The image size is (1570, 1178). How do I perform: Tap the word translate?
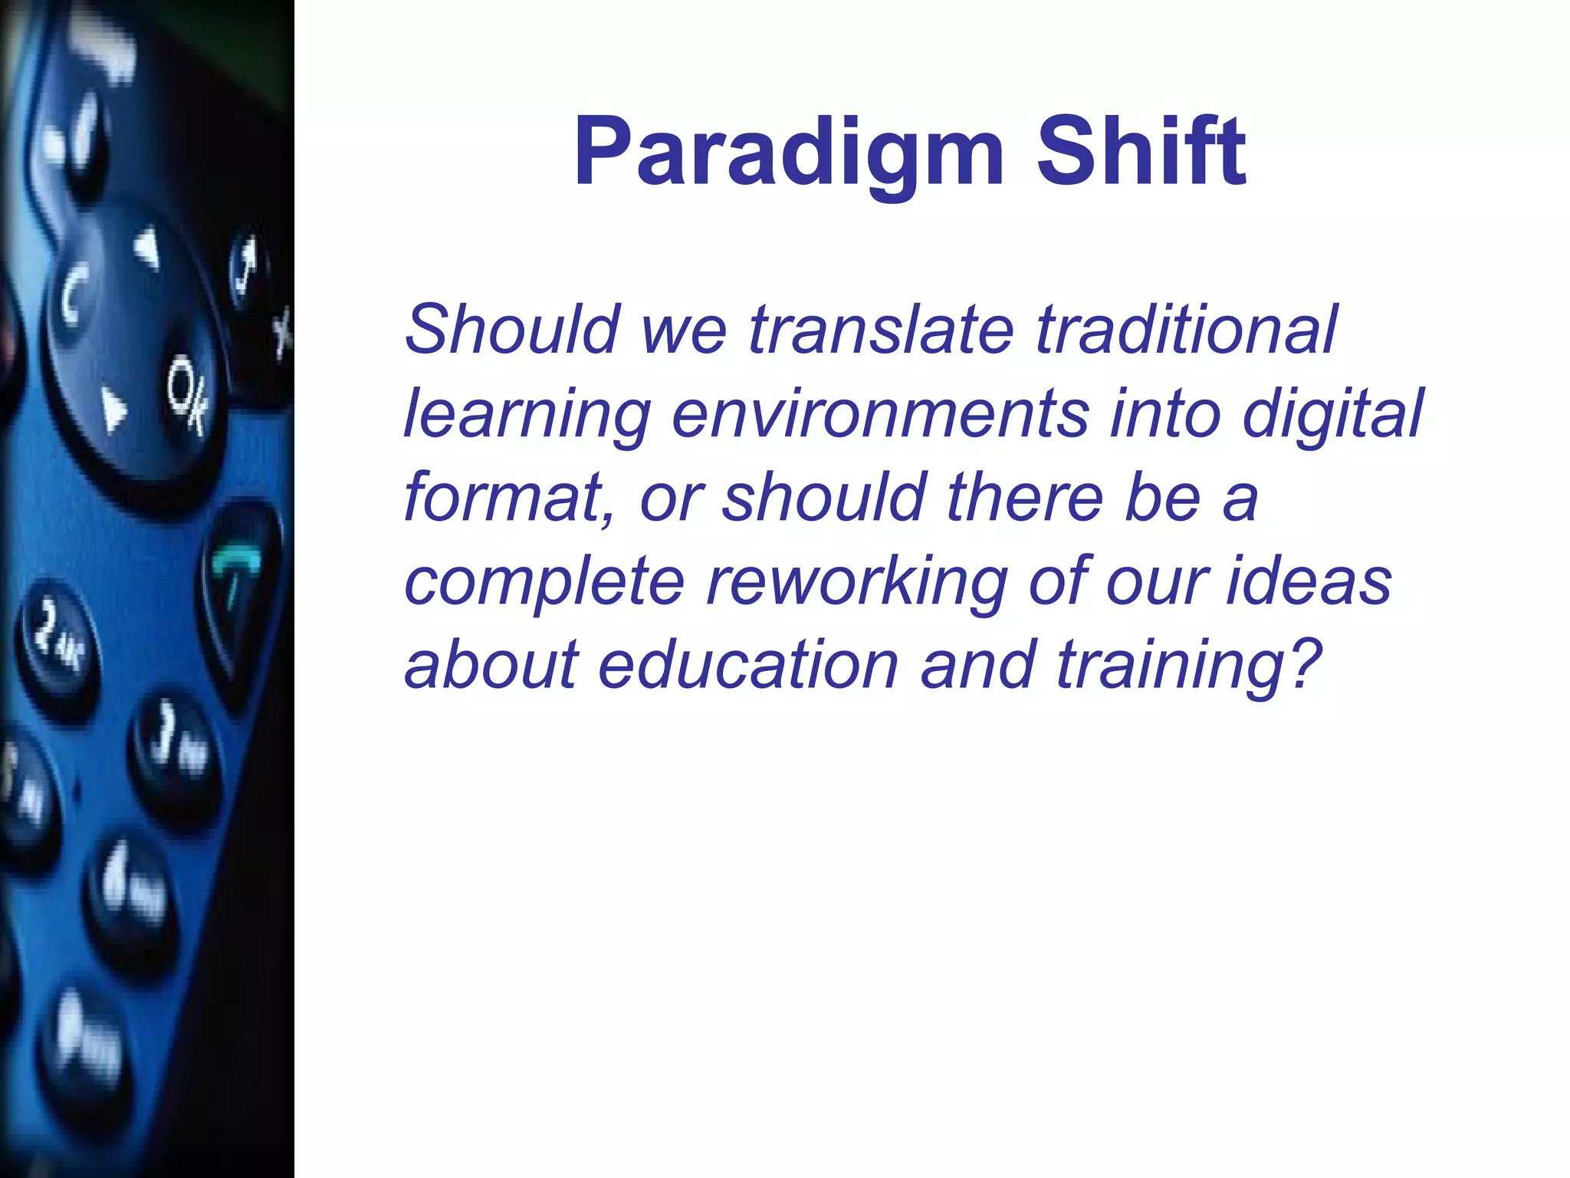(x=882, y=330)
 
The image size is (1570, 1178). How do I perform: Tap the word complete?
(x=544, y=583)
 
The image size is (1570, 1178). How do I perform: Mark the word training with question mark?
(x=1188, y=666)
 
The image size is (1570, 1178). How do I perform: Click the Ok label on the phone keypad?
(x=186, y=395)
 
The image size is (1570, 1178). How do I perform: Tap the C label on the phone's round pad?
(x=74, y=294)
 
